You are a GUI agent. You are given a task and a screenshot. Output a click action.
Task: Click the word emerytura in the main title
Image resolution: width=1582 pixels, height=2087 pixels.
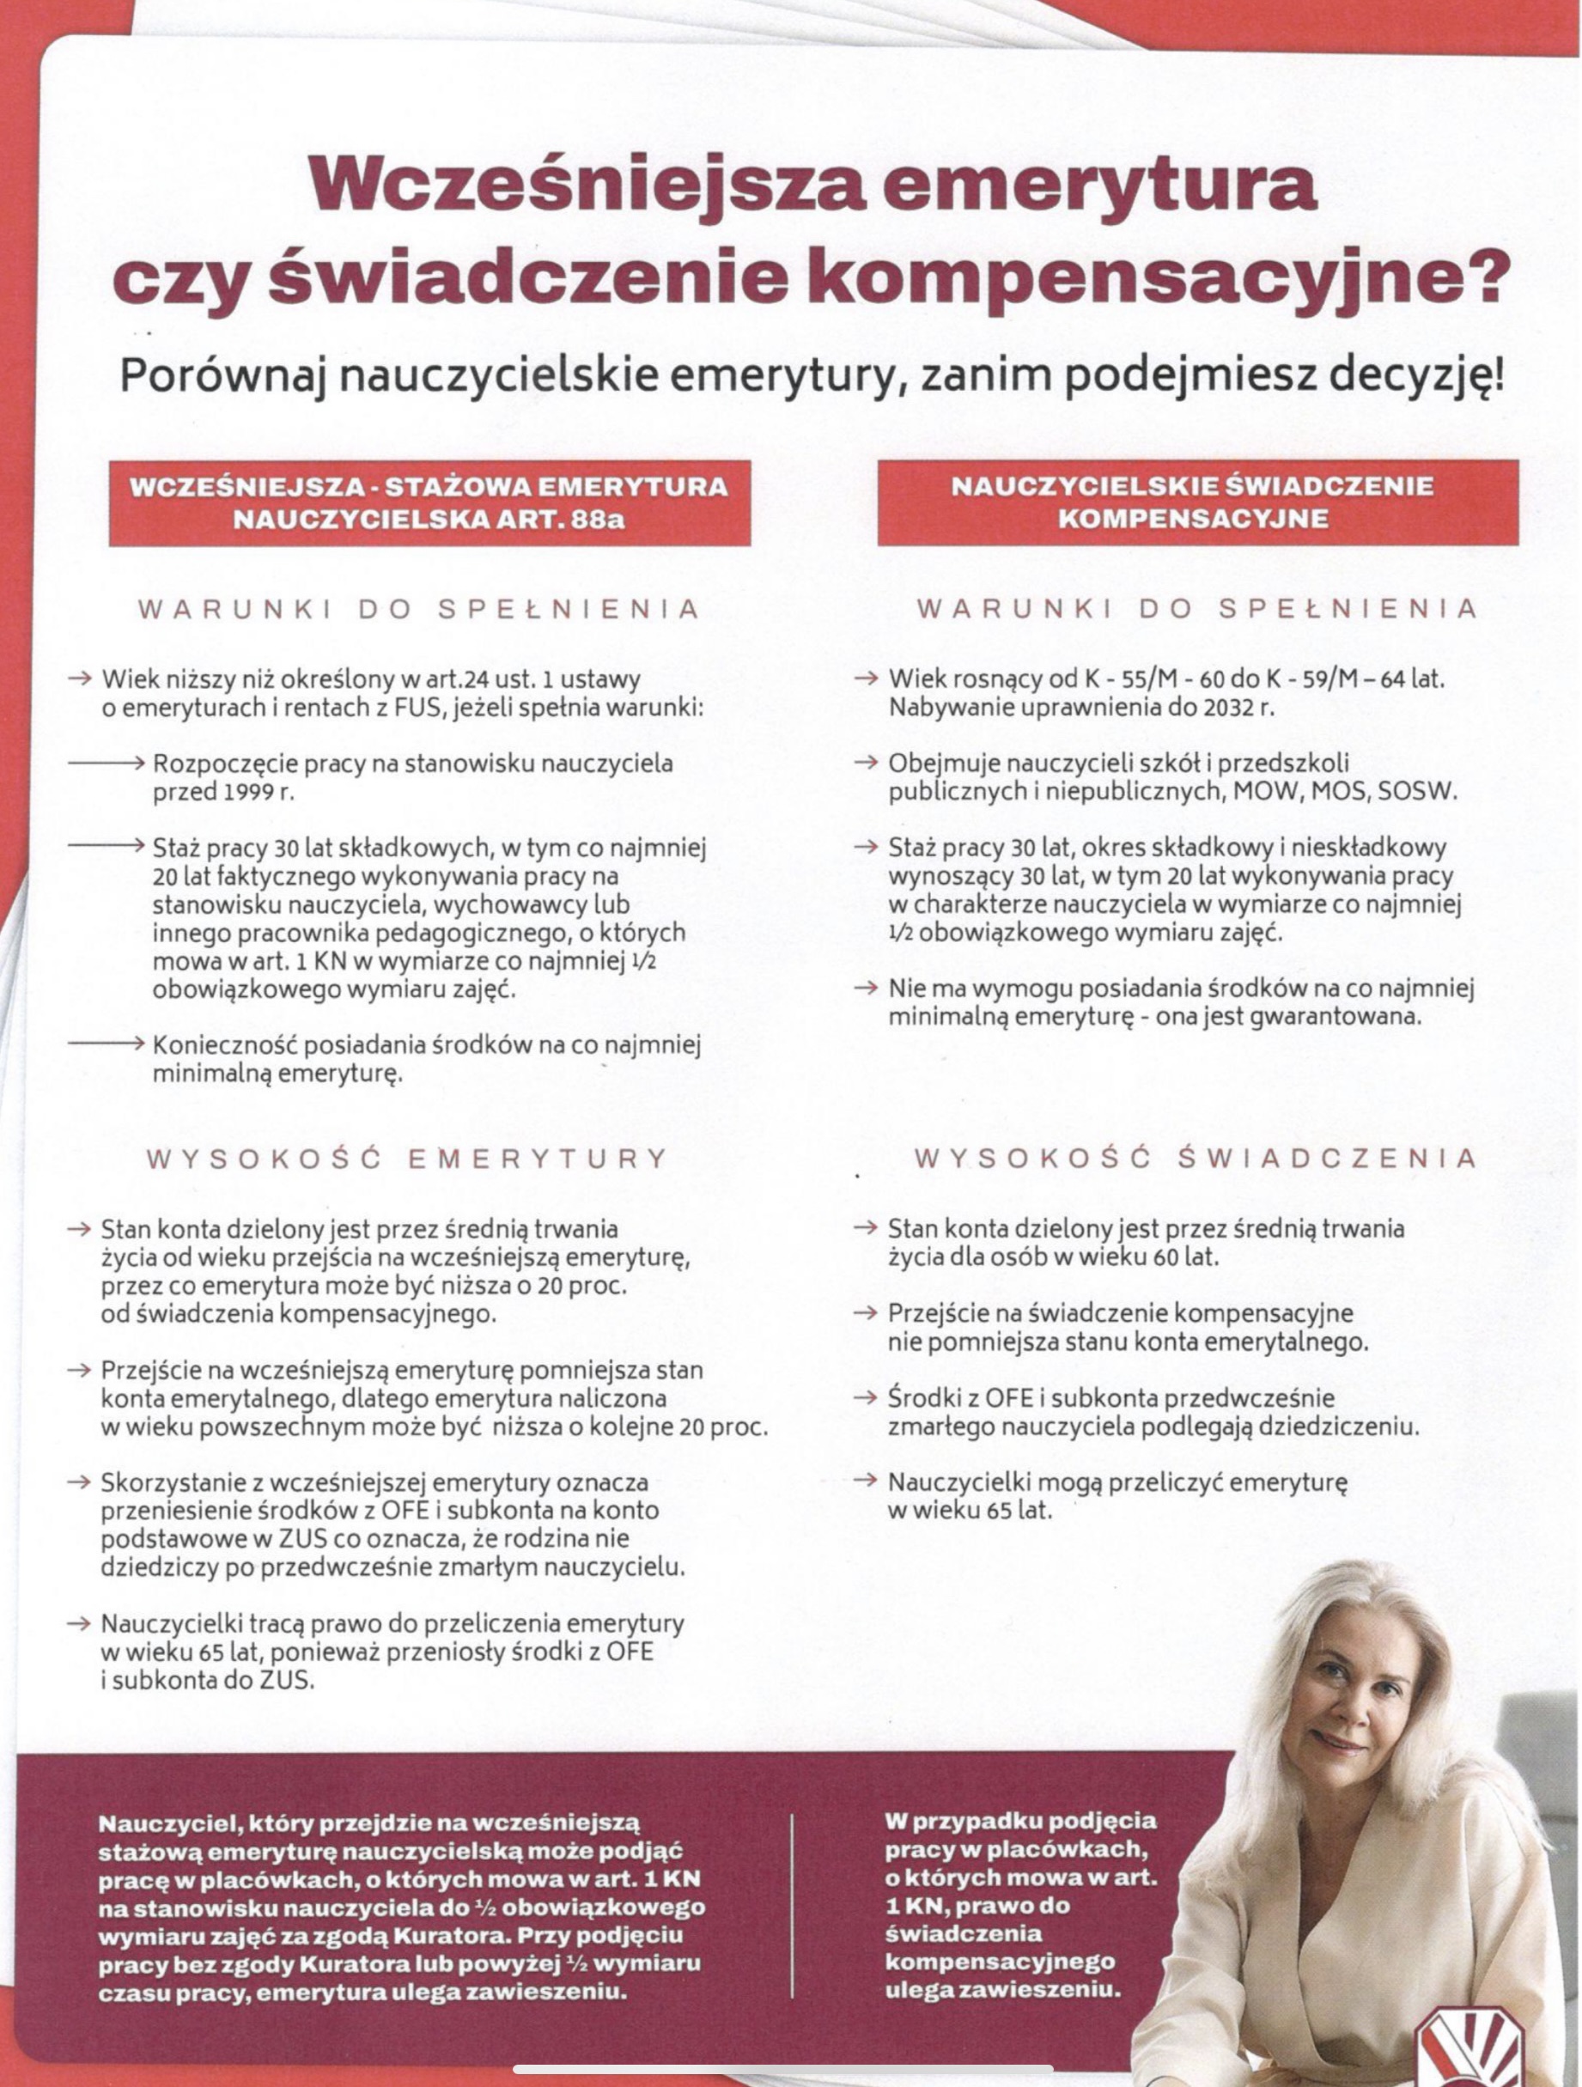pyautogui.click(x=1098, y=184)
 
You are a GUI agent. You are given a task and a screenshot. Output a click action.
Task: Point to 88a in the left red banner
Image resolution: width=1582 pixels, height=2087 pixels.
pyautogui.click(x=596, y=520)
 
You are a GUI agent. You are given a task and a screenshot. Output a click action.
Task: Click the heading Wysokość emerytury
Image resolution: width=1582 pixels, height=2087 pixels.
pyautogui.click(x=406, y=1159)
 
